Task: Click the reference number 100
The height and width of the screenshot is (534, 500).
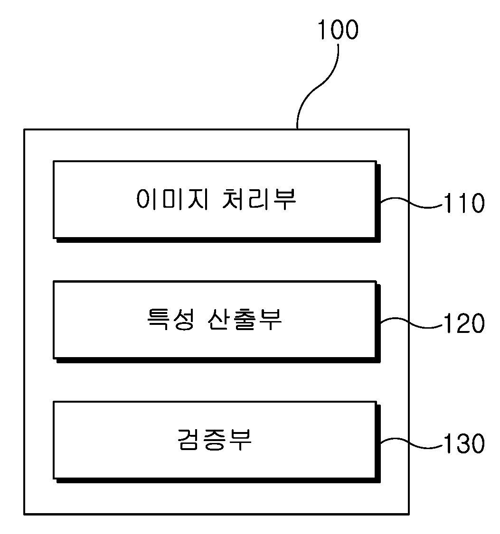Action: [x=338, y=29]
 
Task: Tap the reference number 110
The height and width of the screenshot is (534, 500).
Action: [x=464, y=203]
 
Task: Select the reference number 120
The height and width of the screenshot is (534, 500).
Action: [x=464, y=323]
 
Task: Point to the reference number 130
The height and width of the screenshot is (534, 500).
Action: [x=464, y=443]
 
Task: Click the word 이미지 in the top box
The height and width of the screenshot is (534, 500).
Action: [x=172, y=199]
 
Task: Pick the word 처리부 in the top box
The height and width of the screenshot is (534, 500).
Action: [x=259, y=199]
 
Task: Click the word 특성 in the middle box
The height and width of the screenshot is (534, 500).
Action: [x=171, y=319]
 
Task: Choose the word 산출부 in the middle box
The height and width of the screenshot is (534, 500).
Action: [x=245, y=319]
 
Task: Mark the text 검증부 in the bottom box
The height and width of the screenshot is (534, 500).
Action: [x=215, y=439]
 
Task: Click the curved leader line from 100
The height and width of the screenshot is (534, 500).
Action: [x=317, y=87]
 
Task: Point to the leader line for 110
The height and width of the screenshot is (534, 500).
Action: [x=412, y=203]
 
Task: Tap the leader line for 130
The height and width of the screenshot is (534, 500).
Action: [x=412, y=442]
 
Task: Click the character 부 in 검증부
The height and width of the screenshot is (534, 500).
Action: [x=240, y=440]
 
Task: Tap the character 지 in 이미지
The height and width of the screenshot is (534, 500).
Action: [x=198, y=199]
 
